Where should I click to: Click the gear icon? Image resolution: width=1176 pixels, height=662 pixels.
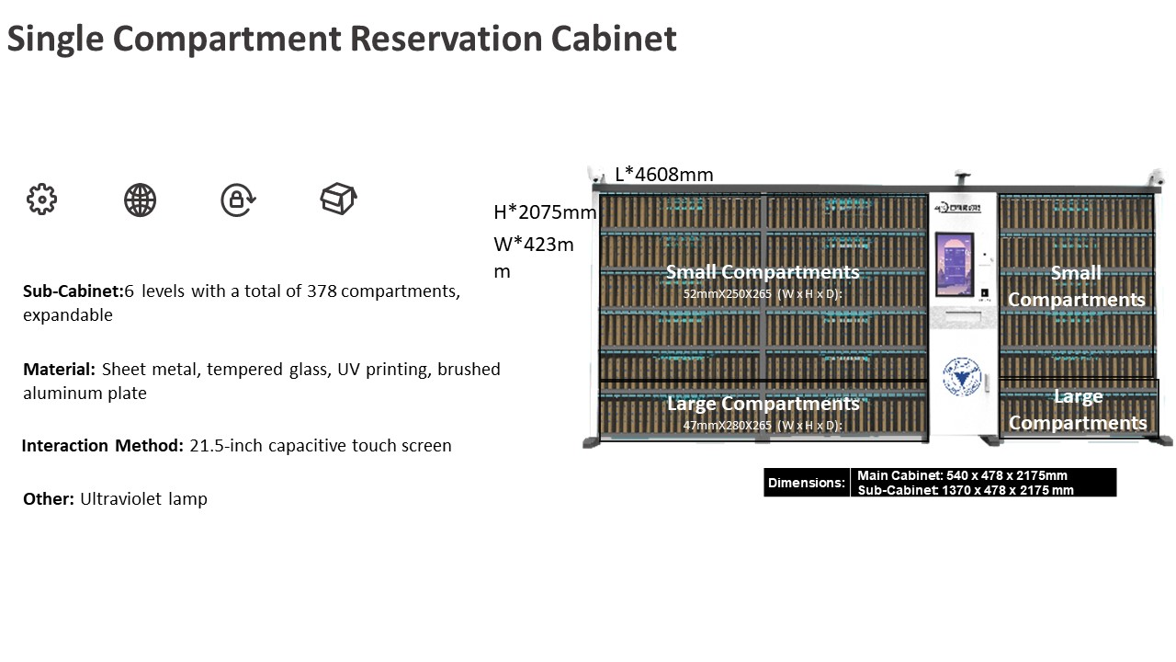click(x=41, y=200)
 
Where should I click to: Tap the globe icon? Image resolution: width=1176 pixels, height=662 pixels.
click(x=140, y=200)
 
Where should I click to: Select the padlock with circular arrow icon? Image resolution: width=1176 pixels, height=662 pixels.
click(x=238, y=200)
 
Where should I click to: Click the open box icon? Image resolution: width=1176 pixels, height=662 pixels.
click(x=338, y=199)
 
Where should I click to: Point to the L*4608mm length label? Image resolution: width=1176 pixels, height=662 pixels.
click(x=663, y=175)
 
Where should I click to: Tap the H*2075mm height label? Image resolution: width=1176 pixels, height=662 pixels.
click(x=545, y=212)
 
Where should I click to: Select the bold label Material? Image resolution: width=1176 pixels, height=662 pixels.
click(x=59, y=370)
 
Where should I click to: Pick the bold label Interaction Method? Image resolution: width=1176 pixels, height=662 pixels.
click(x=102, y=446)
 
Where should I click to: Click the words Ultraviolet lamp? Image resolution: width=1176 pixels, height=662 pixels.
click(x=143, y=499)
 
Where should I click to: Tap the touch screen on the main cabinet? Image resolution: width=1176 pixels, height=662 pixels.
click(x=954, y=264)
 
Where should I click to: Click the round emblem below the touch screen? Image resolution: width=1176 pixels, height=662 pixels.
click(x=961, y=376)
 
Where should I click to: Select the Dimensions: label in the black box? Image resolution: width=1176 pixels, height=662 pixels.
click(x=806, y=483)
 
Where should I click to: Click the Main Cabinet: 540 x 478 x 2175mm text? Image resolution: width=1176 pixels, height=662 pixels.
click(x=962, y=475)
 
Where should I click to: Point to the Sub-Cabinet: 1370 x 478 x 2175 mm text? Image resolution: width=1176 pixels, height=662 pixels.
click(x=966, y=490)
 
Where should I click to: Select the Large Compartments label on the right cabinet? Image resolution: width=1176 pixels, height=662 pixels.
click(x=1078, y=410)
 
